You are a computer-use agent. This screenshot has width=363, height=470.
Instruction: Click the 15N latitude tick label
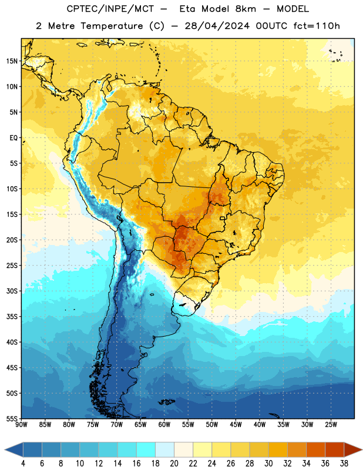(12, 61)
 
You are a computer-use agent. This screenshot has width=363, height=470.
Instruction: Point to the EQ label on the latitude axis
(14, 138)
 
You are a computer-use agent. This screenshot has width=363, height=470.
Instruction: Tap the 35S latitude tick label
(12, 317)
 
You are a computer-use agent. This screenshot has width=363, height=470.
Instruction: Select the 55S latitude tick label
(12, 418)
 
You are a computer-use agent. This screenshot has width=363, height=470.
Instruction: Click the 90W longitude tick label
(21, 425)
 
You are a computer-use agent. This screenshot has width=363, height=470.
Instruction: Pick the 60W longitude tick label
(164, 425)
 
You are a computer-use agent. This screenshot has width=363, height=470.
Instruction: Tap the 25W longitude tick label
(331, 425)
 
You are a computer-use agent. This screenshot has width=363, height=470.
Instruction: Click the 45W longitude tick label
(236, 425)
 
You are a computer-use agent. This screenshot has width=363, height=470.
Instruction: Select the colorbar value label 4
(23, 464)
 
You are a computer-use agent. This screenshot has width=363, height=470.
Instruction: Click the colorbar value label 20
(174, 464)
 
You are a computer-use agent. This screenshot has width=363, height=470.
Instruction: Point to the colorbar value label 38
(344, 464)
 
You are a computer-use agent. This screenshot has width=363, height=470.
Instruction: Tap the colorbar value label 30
(268, 464)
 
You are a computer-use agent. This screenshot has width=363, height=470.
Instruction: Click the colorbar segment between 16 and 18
(146, 449)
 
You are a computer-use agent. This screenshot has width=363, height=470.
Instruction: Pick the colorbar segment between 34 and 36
(315, 449)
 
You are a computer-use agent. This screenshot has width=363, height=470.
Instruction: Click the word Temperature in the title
(112, 26)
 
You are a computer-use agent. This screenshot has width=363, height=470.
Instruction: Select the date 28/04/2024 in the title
(217, 26)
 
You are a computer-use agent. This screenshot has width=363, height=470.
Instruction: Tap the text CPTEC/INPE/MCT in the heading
(110, 9)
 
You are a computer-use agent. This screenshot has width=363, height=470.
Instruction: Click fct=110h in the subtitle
(317, 26)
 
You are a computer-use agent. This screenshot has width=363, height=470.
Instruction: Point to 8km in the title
(246, 9)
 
